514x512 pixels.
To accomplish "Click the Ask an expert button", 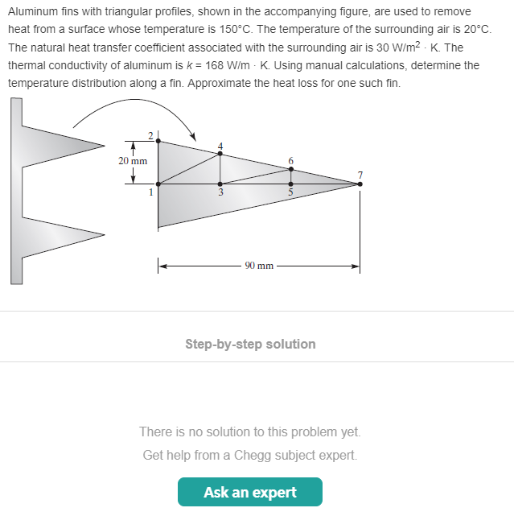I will click(249, 492).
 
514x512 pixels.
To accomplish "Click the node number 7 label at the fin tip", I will click(360, 175).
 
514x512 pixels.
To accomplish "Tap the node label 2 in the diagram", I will click(150, 134).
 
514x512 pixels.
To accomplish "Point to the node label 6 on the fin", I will click(291, 161).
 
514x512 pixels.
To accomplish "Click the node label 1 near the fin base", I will click(150, 192).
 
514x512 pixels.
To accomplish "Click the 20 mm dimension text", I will click(133, 161).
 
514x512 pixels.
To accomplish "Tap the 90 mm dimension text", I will click(259, 266).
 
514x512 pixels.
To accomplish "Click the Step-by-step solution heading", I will click(250, 344).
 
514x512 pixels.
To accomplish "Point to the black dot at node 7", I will click(360, 184).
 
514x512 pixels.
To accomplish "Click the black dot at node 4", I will click(220, 153).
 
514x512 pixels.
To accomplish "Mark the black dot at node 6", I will click(291, 169).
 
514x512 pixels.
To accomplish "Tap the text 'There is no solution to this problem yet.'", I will click(250, 431).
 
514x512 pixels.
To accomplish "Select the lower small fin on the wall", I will click(64, 235).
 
